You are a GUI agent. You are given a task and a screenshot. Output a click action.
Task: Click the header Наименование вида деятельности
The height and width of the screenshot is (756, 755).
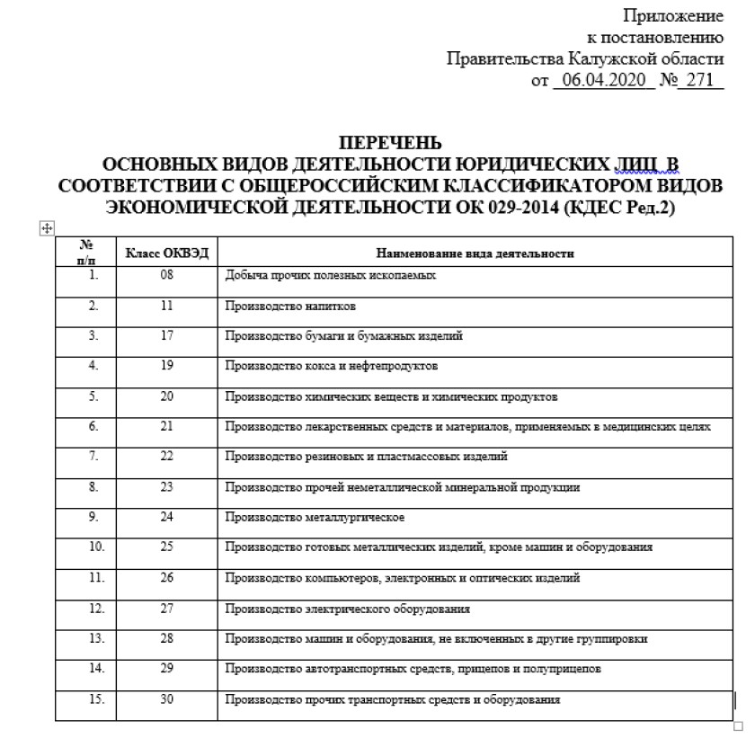[x=475, y=253]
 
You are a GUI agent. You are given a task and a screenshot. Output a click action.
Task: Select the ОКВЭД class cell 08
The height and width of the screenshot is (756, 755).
[x=166, y=276]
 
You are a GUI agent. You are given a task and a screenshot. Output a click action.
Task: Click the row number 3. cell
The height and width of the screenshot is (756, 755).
[x=93, y=336]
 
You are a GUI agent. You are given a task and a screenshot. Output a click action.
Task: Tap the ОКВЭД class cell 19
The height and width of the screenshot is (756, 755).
[x=166, y=366]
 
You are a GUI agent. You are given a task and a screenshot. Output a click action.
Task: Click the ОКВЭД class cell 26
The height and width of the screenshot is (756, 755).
[x=166, y=577]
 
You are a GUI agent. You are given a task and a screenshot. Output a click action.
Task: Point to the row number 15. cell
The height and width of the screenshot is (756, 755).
[x=93, y=698]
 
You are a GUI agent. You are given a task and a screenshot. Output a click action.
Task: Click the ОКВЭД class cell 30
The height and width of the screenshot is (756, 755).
[x=166, y=698]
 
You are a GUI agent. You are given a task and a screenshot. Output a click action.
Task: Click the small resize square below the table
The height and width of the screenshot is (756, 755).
[x=739, y=726]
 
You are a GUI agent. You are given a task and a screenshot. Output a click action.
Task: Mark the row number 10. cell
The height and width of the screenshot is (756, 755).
[x=93, y=547]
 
